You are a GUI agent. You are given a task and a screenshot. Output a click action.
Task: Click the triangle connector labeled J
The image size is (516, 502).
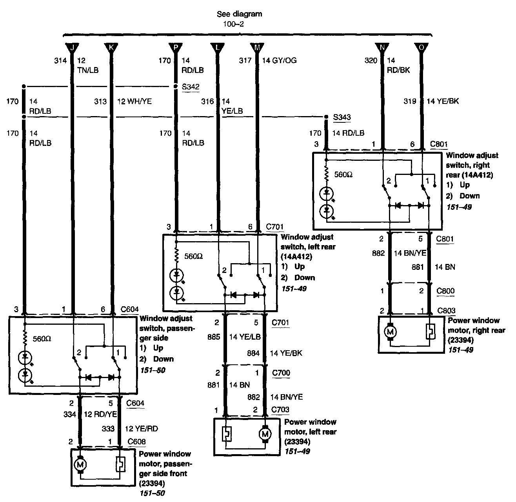(72, 48)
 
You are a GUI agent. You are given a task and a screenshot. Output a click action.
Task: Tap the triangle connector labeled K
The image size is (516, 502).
(111, 48)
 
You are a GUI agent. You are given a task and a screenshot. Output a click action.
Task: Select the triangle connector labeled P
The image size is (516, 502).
(176, 48)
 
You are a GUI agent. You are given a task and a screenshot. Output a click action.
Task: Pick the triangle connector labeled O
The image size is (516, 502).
(422, 48)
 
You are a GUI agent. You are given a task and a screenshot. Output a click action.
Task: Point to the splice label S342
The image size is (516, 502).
(191, 87)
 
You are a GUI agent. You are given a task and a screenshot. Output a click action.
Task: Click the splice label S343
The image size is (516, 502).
(342, 117)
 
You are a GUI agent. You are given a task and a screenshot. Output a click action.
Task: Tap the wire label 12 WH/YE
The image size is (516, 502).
(134, 101)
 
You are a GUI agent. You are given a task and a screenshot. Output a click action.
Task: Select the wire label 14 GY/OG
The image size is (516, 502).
(280, 60)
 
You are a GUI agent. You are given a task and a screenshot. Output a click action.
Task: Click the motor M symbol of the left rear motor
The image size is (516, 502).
(265, 434)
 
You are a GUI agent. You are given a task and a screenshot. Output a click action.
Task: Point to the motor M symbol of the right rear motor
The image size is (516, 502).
(390, 332)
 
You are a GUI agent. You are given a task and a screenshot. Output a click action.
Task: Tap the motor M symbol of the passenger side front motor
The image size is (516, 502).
(80, 465)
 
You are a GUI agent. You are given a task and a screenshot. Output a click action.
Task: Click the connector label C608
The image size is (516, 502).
(136, 442)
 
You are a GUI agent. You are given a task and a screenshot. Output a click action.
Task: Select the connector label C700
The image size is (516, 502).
(281, 373)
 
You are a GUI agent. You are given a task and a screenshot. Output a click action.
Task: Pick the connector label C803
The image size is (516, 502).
(446, 311)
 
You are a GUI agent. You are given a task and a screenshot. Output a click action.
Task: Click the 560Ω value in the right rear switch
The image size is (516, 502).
(343, 175)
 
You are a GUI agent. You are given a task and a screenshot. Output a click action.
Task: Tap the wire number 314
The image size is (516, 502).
(60, 60)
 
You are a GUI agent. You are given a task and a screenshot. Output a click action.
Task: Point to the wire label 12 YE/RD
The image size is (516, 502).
(141, 429)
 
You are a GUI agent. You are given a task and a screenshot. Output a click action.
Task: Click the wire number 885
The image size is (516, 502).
(214, 337)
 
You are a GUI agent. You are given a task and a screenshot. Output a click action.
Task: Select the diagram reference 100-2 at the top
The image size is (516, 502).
(233, 24)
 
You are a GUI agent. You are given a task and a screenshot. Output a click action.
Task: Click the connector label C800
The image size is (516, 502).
(445, 291)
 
